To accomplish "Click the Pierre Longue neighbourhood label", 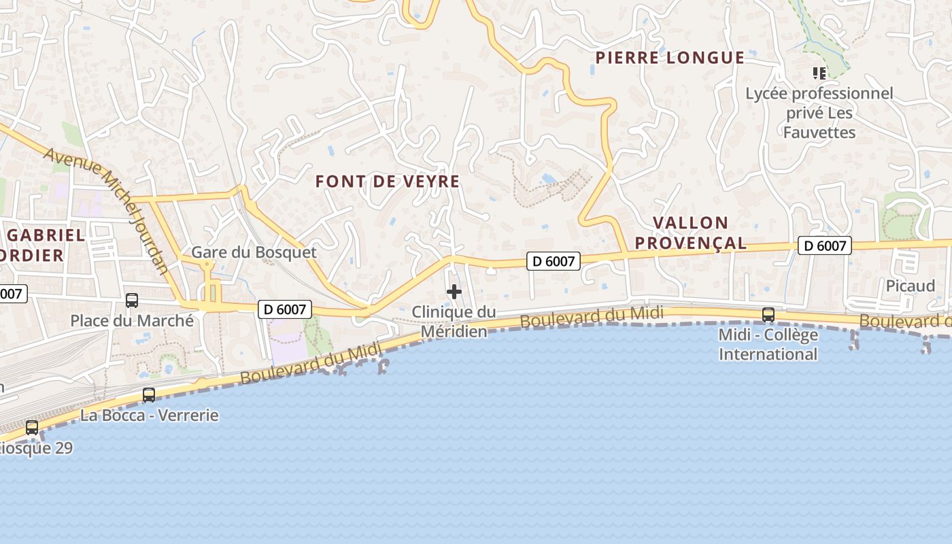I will [x=670, y=58].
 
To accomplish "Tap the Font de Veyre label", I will [x=388, y=182].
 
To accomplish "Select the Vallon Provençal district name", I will [x=700, y=233].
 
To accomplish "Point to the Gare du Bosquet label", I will [x=254, y=252].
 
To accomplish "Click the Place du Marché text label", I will [x=132, y=320].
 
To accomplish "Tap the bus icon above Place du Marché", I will [x=132, y=300].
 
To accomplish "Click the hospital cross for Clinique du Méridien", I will [x=454, y=292].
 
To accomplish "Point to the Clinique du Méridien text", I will [x=454, y=322].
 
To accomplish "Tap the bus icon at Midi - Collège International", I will [x=768, y=314].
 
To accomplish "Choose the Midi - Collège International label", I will [x=768, y=345].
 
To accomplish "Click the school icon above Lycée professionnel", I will [x=819, y=73].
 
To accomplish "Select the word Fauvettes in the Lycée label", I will [x=819, y=132].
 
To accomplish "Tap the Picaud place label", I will [x=911, y=286].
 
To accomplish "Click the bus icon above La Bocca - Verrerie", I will [x=149, y=394].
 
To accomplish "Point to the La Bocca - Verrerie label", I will [x=150, y=415].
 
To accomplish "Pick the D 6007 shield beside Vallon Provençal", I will [x=825, y=245].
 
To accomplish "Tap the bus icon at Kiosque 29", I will [x=32, y=428].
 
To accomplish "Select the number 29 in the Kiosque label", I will [x=62, y=448].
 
